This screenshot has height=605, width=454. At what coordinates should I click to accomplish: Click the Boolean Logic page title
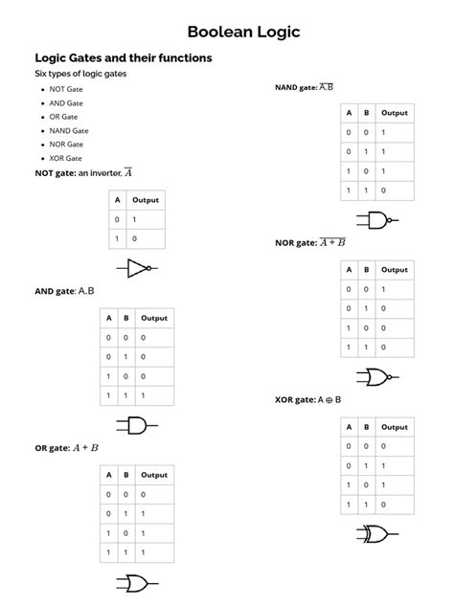pos(243,33)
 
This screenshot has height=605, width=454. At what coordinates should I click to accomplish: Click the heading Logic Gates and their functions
pos(124,58)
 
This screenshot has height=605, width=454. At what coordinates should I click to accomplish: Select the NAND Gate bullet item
pos(69,129)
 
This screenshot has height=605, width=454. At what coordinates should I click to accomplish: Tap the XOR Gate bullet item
pos(66,158)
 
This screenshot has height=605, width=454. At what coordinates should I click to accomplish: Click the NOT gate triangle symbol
pos(137,268)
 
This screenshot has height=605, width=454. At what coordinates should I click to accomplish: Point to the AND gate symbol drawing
pos(137,425)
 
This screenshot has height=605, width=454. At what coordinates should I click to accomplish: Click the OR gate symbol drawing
pos(137,583)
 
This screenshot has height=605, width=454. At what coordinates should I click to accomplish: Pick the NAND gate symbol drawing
pos(376,221)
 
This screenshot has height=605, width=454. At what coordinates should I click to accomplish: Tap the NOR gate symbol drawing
pos(376,376)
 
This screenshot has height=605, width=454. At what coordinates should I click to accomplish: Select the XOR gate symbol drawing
pos(376,533)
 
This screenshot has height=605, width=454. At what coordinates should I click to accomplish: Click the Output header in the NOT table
pos(146,200)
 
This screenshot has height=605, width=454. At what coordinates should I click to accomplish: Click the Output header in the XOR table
pos(394,427)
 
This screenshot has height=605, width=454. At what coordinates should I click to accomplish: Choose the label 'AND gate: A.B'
pos(64,290)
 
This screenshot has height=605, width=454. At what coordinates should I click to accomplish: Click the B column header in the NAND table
pos(368,113)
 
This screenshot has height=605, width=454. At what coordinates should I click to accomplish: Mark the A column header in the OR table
pos(110,475)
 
